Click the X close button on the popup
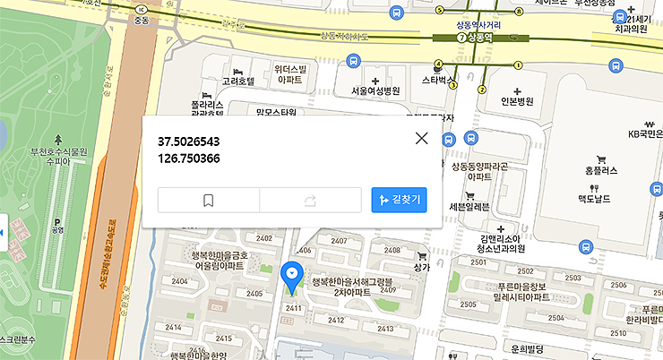click(x=421, y=138)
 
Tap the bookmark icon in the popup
click(x=208, y=201)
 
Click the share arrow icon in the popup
click(x=310, y=201)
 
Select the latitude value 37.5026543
click(x=189, y=142)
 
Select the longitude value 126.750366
click(x=189, y=159)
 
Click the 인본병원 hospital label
click(x=516, y=101)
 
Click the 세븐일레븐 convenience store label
click(x=469, y=207)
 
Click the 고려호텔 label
click(x=238, y=81)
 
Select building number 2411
click(x=292, y=308)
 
